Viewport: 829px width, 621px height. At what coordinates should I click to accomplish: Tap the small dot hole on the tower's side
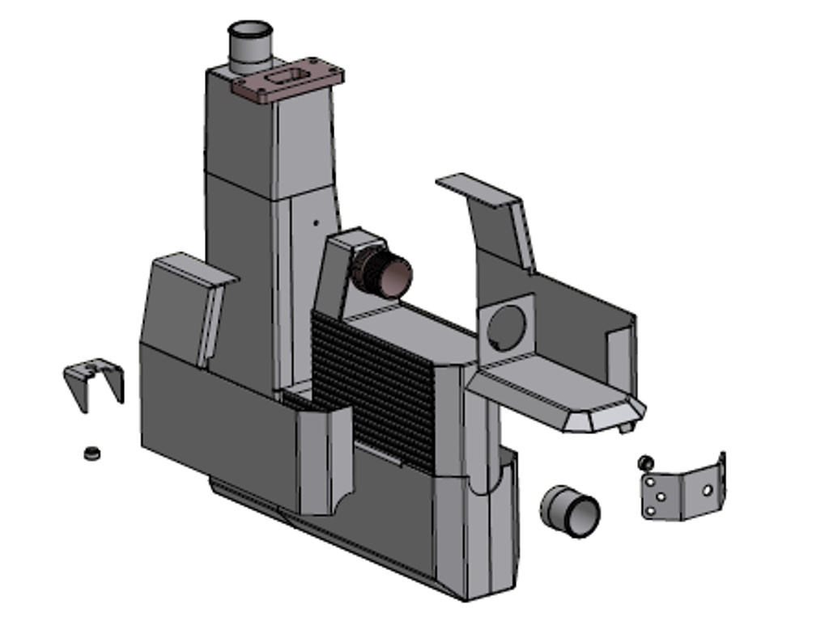(317, 218)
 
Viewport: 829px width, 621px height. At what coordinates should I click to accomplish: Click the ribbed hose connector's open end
(397, 276)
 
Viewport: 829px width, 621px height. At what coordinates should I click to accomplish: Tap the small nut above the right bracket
(645, 463)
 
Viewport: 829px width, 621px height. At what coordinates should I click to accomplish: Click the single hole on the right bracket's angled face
(707, 489)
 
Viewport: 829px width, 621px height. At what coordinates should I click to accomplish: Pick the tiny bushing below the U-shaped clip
(92, 452)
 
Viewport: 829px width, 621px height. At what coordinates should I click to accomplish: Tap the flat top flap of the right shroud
(474, 188)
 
